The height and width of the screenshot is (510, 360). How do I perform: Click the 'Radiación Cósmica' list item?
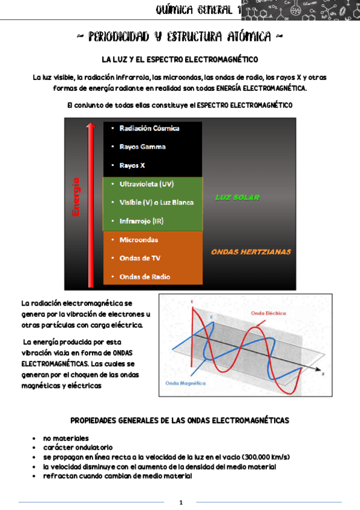click(x=149, y=128)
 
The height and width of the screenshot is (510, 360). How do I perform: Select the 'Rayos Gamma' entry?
click(x=142, y=147)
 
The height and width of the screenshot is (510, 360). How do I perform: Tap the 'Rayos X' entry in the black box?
click(x=132, y=165)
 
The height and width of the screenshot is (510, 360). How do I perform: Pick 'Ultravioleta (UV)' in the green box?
click(x=147, y=184)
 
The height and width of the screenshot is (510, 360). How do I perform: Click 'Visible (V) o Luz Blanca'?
click(x=156, y=203)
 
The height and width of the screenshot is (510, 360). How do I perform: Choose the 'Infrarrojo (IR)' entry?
click(x=141, y=221)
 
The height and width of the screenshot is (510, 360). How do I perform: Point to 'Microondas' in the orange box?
click(x=139, y=240)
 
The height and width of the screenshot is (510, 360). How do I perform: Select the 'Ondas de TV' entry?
click(x=139, y=259)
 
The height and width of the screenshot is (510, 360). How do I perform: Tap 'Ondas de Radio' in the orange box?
click(x=144, y=277)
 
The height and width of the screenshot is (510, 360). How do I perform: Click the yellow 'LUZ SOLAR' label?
click(x=237, y=197)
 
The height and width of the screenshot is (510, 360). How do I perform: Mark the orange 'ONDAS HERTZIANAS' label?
click(x=251, y=252)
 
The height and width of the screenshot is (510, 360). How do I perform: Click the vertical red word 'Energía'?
click(x=76, y=197)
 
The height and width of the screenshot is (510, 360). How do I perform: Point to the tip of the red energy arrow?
click(x=90, y=124)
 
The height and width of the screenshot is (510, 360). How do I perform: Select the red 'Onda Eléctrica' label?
click(x=268, y=313)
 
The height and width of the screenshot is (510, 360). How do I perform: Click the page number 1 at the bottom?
click(x=180, y=502)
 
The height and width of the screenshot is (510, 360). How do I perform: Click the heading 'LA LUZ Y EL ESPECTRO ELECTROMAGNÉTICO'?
click(x=180, y=60)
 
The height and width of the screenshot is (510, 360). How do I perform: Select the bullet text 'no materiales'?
click(x=66, y=438)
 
